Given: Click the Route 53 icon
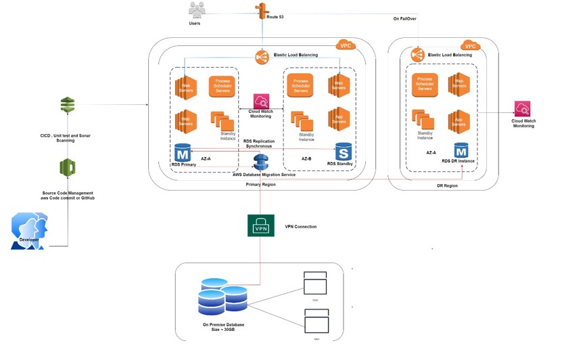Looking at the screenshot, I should (x=261, y=12).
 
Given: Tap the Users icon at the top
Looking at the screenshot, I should (x=197, y=10).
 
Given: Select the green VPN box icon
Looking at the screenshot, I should (x=261, y=226).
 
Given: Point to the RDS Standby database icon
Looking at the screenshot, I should (x=344, y=152).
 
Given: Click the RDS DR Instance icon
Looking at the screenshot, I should (x=461, y=150).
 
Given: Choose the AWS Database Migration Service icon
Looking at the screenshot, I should (x=261, y=163).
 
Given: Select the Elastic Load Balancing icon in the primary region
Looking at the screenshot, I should (x=262, y=58).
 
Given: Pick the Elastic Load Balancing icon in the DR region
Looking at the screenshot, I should (x=417, y=55).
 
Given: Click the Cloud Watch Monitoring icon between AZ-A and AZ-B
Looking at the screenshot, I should (x=261, y=102).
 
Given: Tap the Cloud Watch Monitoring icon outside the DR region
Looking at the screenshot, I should (x=522, y=109).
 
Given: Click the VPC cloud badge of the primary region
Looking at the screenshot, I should (x=346, y=45).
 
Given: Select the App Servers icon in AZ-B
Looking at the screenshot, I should (x=339, y=119).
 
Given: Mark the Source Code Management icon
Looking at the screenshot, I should (x=67, y=167).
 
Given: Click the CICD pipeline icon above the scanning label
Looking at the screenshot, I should (x=67, y=105).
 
